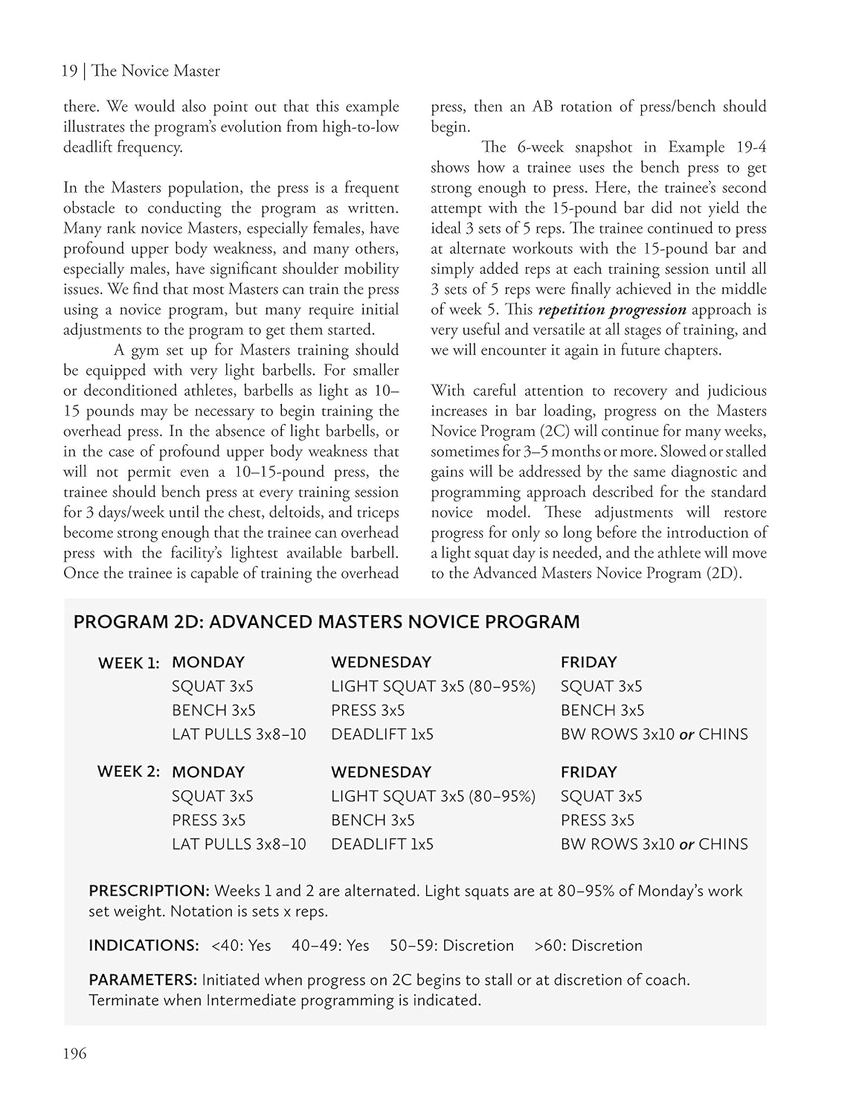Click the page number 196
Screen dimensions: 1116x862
(x=74, y=1054)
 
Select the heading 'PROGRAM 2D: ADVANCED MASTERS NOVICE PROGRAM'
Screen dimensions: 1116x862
(x=326, y=622)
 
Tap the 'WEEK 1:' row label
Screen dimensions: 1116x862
(x=129, y=663)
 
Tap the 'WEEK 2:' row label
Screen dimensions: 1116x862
(x=129, y=772)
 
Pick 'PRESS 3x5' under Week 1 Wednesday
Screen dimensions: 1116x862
(x=367, y=710)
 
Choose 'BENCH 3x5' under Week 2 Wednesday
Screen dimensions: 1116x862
(x=372, y=820)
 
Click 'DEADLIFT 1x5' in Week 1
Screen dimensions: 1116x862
(x=382, y=734)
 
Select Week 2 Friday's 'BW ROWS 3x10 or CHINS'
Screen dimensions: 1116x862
(x=654, y=844)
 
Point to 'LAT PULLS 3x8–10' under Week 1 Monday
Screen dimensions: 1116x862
(x=238, y=734)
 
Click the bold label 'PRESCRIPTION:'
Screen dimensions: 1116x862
(x=149, y=891)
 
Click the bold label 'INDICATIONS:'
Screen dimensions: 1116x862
(x=144, y=946)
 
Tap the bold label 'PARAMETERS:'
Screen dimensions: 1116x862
(x=143, y=980)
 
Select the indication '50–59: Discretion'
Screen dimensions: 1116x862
(x=451, y=946)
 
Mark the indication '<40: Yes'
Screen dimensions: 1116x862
(x=241, y=946)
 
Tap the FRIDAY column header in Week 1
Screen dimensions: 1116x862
(x=588, y=662)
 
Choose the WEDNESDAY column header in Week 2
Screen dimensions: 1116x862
(x=381, y=772)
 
